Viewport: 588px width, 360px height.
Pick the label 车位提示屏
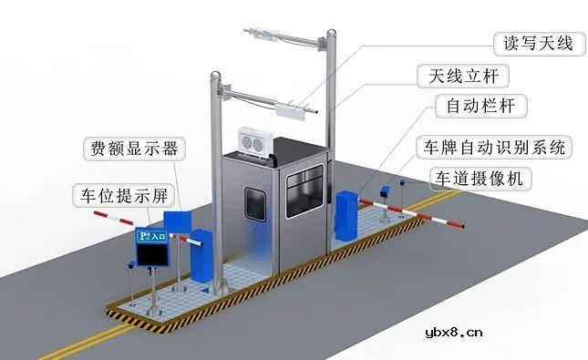click(x=119, y=194)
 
